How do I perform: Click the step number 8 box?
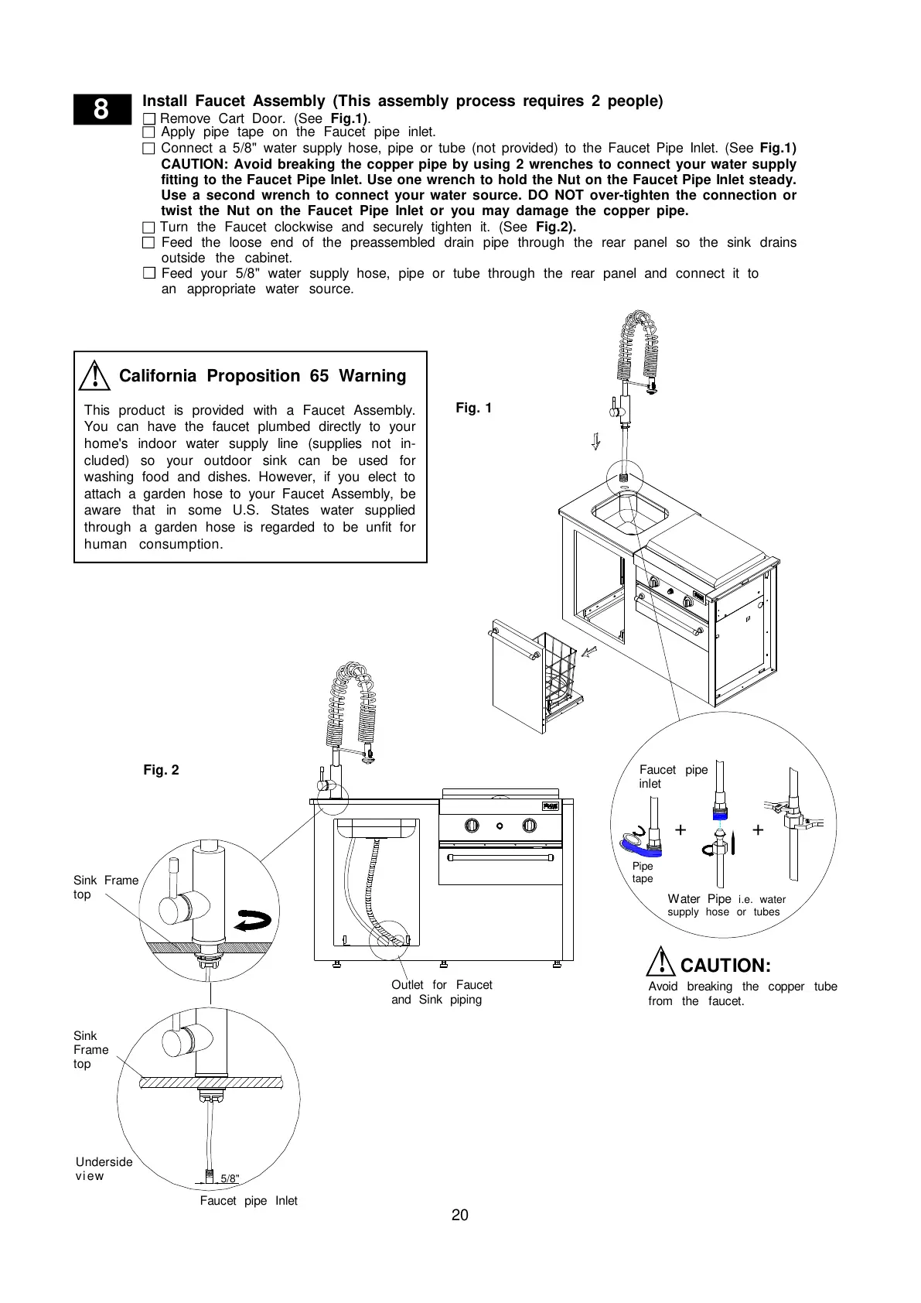pos(102,109)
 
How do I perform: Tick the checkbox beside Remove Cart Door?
pos(149,119)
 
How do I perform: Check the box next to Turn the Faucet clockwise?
pos(149,227)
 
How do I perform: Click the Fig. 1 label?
pos(473,408)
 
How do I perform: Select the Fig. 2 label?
pos(161,770)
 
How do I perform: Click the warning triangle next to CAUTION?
pos(661,963)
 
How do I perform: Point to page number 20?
pos(460,1216)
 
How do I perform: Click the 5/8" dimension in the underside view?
pos(230,1179)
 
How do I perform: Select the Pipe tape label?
pos(642,872)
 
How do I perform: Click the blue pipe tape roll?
pos(640,843)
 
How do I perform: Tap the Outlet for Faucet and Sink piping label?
pos(442,992)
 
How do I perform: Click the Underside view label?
pos(103,1168)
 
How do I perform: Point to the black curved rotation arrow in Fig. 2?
pos(253,921)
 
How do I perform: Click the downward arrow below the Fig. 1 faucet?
pos(595,442)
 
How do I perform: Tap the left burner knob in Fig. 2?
pos(472,826)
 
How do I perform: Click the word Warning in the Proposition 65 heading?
pos(373,376)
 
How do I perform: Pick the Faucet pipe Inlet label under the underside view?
pos(248,1201)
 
